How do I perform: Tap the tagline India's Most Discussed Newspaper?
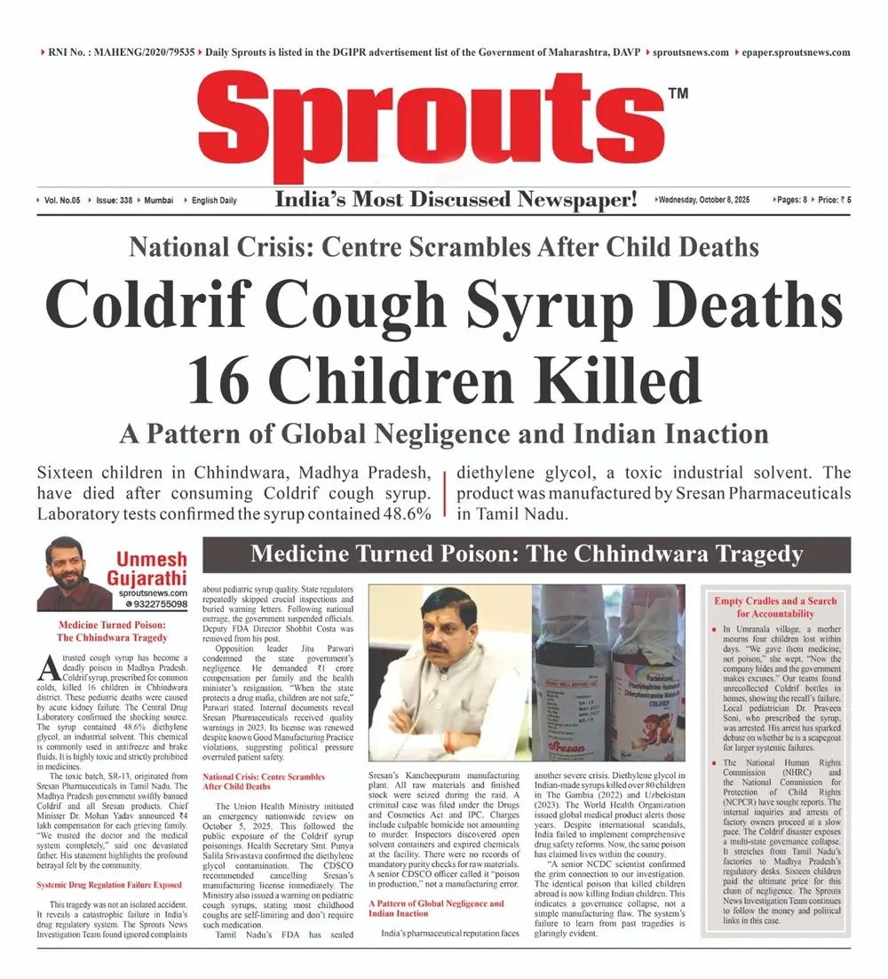coord(456,200)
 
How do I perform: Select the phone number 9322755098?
coord(161,604)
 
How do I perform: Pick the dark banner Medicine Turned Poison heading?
coord(527,555)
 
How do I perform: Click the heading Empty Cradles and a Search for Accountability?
coord(775,607)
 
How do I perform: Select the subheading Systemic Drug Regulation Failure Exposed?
coord(109,860)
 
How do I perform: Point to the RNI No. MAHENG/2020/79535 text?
coord(118,52)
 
